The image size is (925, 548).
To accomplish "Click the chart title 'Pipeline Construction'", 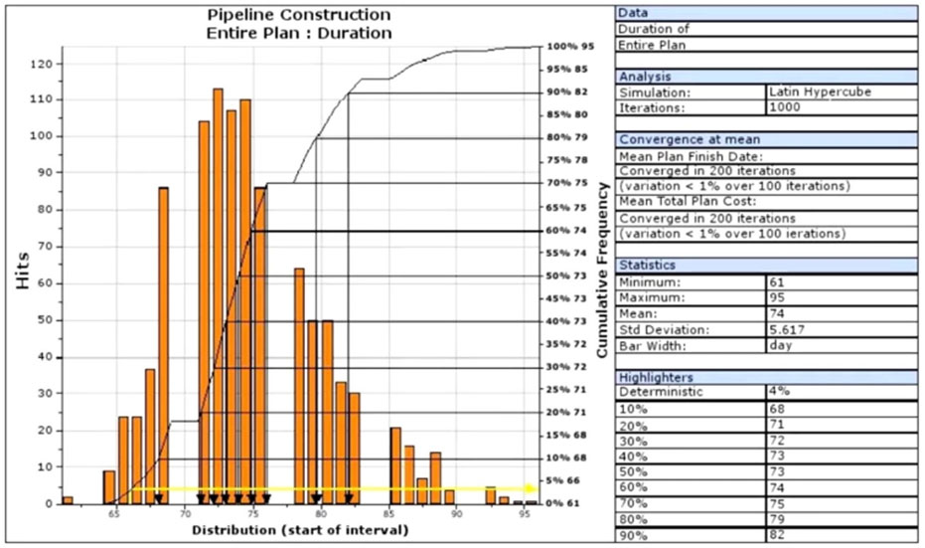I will click(299, 16).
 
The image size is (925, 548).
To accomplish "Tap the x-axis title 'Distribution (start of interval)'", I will click(299, 531).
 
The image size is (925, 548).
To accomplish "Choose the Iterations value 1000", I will click(785, 106).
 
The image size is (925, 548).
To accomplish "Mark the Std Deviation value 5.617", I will click(788, 329).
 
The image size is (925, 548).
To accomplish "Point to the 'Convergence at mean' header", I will click(672, 140).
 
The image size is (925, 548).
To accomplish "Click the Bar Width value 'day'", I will click(780, 345).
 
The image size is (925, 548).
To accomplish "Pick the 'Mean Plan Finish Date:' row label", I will click(677, 156).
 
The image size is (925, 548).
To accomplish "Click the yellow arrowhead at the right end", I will click(532, 488).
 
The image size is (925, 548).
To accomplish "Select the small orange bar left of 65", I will click(68, 499).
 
